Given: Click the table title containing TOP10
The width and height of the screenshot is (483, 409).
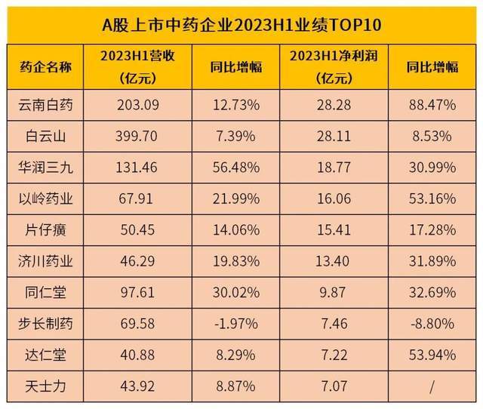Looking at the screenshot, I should [x=241, y=23].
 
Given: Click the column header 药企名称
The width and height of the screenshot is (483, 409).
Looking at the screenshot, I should [x=46, y=66].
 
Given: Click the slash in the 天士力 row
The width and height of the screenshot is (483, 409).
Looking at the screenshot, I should [x=432, y=386].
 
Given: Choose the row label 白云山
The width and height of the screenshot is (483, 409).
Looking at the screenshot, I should [x=46, y=137].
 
